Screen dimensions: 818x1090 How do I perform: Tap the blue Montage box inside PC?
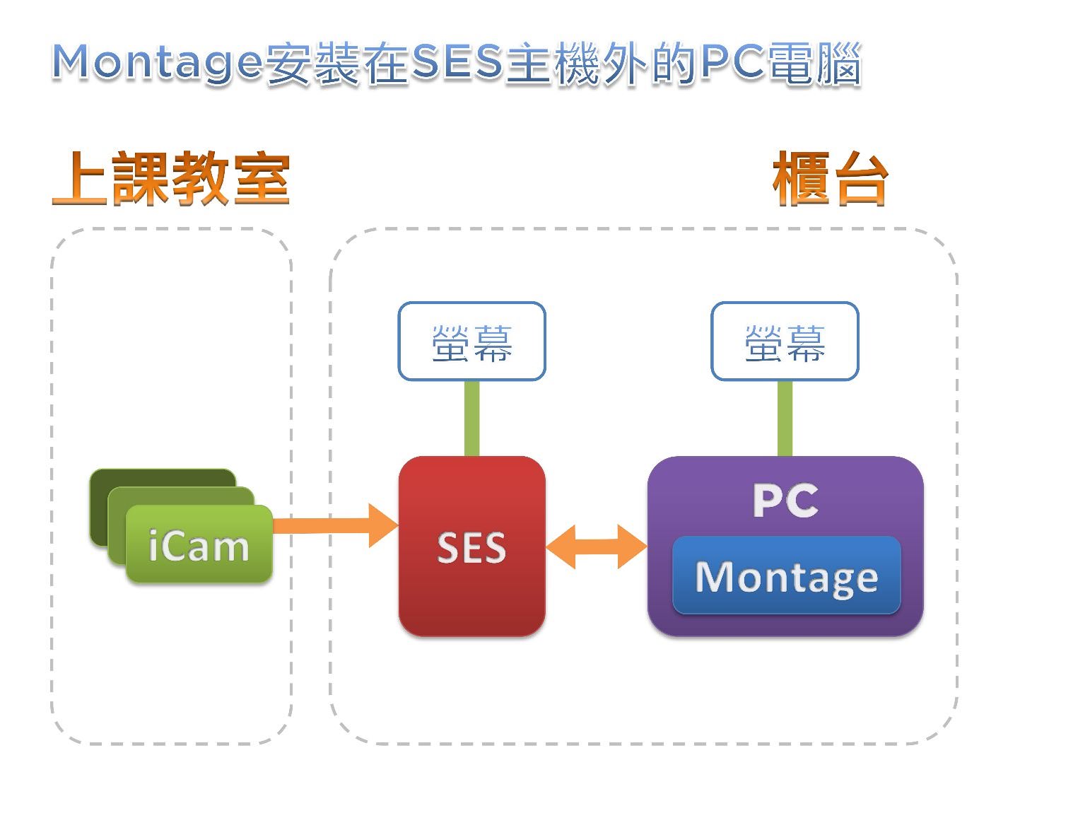[x=786, y=575]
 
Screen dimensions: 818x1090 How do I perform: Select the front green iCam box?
[x=199, y=544]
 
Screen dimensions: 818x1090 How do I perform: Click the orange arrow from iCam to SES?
[x=332, y=525]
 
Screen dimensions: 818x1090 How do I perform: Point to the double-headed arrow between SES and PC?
[x=596, y=547]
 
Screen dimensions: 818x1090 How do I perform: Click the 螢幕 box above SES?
[x=471, y=341]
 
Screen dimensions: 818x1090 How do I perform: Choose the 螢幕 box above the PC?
[x=785, y=341]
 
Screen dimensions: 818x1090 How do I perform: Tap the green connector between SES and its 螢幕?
[x=471, y=418]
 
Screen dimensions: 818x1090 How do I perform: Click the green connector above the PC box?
[x=785, y=418]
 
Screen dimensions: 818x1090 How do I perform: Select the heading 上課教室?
[x=171, y=178]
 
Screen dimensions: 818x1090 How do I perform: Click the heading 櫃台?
[x=830, y=180]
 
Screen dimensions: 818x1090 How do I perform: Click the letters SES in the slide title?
[x=456, y=62]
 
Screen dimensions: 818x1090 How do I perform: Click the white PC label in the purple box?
[x=785, y=501]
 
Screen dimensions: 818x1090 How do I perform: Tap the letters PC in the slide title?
[x=732, y=62]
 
